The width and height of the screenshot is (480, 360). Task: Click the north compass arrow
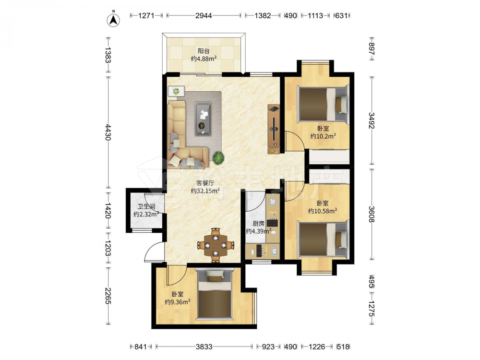click(x=113, y=20)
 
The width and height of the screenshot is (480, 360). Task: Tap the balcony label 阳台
click(x=204, y=51)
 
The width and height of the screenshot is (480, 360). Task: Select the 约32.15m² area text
click(x=205, y=191)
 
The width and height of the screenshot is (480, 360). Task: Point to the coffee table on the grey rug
click(x=203, y=118)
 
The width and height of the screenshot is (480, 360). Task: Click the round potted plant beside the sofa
click(x=218, y=158)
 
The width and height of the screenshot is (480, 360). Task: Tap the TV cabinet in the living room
click(x=274, y=129)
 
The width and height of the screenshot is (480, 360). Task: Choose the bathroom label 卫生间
click(x=146, y=206)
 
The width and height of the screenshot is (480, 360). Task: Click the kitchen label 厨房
click(x=258, y=224)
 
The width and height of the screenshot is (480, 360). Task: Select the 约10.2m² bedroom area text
click(x=323, y=136)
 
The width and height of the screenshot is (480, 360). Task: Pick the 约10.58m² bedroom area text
click(x=323, y=211)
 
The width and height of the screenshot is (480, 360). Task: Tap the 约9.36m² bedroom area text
click(x=178, y=302)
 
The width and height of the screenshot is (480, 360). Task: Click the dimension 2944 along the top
click(x=204, y=16)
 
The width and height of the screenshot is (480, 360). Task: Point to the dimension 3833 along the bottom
click(x=204, y=347)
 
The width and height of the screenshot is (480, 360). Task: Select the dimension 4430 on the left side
click(x=108, y=132)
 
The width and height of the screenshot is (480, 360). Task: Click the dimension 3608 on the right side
click(x=372, y=214)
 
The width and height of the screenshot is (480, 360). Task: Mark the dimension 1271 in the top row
click(x=146, y=16)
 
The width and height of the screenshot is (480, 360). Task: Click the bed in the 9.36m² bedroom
click(x=215, y=294)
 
